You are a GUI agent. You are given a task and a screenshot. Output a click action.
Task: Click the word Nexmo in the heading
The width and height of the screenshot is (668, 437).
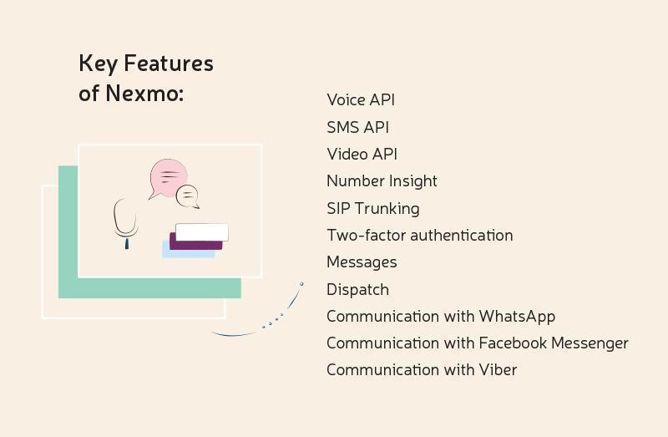tap(144, 93)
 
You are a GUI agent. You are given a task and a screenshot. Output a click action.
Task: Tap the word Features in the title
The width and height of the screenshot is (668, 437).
tap(169, 64)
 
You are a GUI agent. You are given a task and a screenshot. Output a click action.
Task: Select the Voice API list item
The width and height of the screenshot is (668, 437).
tap(361, 99)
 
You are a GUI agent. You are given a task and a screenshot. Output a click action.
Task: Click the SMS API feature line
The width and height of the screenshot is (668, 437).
tap(358, 127)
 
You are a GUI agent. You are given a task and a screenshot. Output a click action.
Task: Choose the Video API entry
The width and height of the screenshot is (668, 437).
tap(362, 154)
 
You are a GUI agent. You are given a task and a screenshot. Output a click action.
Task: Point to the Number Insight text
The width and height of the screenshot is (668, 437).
tap(382, 181)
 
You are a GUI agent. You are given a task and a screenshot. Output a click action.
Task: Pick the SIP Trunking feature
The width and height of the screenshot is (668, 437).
tap(373, 209)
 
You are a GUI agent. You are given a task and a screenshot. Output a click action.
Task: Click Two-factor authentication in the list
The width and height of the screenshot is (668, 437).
tap(420, 236)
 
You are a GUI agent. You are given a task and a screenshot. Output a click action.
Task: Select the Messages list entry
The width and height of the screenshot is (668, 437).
tap(362, 262)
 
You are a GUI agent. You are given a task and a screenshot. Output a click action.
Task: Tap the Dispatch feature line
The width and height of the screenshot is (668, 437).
tap(358, 290)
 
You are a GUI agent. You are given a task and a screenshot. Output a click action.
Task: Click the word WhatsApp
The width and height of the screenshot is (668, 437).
tap(517, 317)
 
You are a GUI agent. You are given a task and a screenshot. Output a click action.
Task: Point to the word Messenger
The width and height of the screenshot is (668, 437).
tap(590, 343)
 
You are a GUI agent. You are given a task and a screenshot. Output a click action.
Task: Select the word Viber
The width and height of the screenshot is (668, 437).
tap(498, 369)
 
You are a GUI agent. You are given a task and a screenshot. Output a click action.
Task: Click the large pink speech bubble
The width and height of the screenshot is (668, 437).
tap(168, 178)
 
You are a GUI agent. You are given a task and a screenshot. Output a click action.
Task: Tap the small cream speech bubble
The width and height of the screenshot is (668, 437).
tap(187, 196)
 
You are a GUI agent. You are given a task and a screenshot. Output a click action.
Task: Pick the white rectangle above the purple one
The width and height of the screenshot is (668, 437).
tap(202, 232)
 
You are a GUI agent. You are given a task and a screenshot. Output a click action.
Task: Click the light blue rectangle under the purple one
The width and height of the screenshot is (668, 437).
tap(189, 252)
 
